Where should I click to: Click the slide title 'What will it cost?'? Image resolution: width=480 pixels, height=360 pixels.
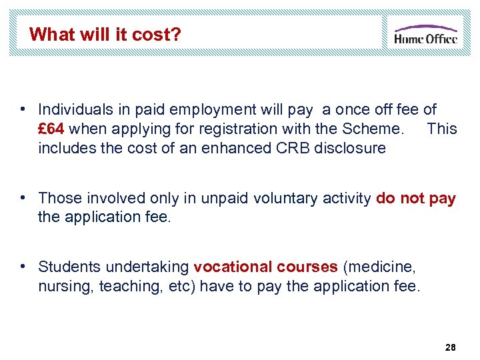pos(105,34)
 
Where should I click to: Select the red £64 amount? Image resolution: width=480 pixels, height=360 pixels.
pos(51,129)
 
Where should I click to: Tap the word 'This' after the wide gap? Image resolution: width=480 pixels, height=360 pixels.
pos(441,129)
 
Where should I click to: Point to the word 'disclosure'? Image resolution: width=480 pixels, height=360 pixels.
pos(352,148)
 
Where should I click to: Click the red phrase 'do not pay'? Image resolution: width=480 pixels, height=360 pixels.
pos(416,198)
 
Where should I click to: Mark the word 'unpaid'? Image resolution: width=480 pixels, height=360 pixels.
pos(200,198)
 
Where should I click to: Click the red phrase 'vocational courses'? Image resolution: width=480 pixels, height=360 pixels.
pos(265,267)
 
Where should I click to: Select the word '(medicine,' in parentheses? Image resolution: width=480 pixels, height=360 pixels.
pos(379,267)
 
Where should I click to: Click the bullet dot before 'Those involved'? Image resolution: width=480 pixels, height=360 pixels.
pos(23,197)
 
